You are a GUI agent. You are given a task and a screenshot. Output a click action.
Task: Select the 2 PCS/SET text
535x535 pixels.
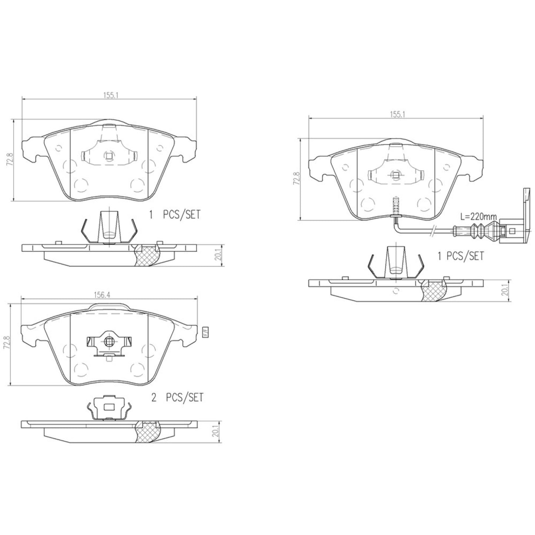tap(177, 398)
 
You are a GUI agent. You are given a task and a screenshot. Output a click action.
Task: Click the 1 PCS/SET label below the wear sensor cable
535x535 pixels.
tap(461, 256)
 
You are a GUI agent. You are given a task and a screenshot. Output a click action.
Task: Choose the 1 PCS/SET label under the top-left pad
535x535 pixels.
tap(174, 215)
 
